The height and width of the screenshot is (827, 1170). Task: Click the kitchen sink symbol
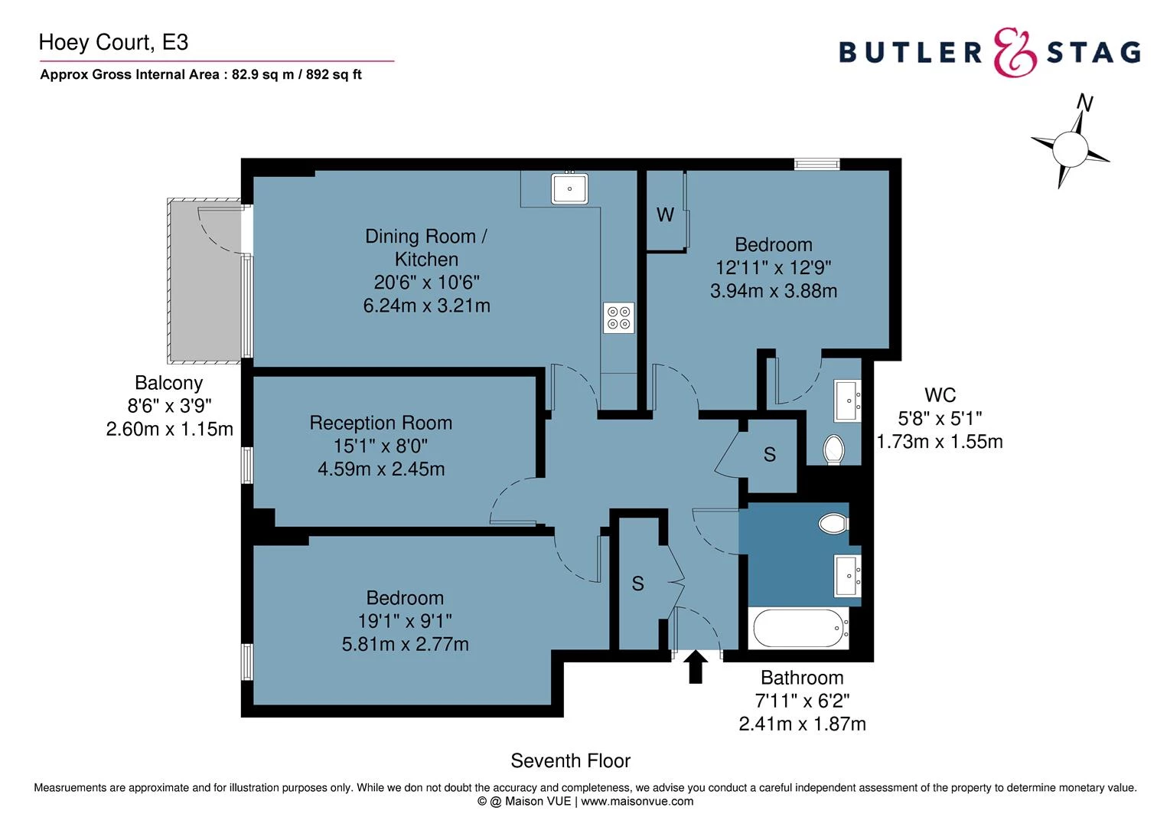click(569, 188)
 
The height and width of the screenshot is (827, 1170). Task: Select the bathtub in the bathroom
click(800, 629)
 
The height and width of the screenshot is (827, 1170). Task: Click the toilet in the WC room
click(834, 449)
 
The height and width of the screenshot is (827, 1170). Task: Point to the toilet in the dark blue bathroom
click(833, 524)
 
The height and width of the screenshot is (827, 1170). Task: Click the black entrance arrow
click(695, 667)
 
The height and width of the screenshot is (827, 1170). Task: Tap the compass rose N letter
click(1084, 103)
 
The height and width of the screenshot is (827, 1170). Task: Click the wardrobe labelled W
click(665, 215)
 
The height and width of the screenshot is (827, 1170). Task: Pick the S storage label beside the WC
click(769, 455)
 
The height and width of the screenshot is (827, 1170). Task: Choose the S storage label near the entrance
click(637, 584)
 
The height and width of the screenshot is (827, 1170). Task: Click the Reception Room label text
click(380, 423)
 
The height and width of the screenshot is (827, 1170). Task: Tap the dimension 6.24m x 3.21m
click(426, 306)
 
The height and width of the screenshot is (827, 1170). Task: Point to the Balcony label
click(168, 383)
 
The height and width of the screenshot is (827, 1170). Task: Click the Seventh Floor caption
click(570, 760)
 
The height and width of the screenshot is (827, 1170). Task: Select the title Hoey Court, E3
click(113, 42)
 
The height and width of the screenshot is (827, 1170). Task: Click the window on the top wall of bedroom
click(816, 164)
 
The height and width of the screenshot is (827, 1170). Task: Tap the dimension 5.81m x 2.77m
click(405, 644)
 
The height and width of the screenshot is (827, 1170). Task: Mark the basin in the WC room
click(848, 400)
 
